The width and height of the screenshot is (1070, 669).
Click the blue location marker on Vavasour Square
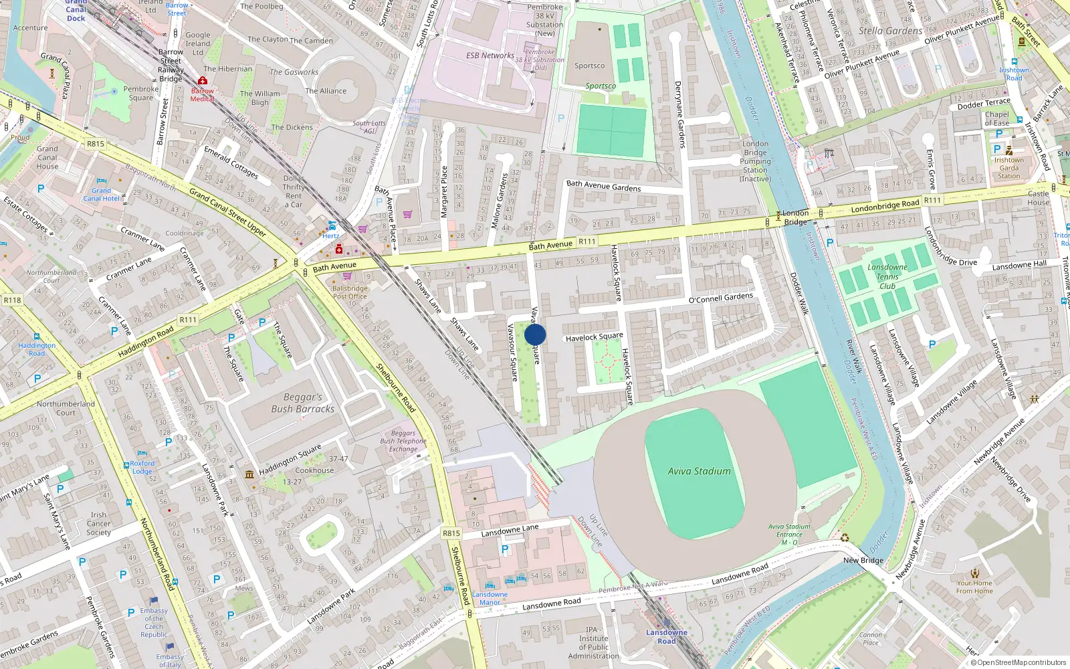(x=535, y=334)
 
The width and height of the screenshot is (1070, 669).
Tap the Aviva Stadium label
(x=699, y=471)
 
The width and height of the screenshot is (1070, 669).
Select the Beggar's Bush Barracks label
(x=303, y=403)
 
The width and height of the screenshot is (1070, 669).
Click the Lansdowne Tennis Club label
(x=887, y=276)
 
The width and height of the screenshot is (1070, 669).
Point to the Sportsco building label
(x=589, y=66)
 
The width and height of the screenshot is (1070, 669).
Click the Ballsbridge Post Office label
(x=350, y=292)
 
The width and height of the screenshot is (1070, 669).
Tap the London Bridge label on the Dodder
(x=795, y=217)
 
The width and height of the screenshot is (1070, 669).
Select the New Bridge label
(x=863, y=560)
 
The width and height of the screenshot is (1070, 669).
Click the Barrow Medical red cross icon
(x=202, y=80)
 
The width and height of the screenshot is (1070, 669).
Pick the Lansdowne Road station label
(x=666, y=636)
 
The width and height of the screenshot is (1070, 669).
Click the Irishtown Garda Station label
(x=1008, y=168)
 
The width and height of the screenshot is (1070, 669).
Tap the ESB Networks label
(x=490, y=56)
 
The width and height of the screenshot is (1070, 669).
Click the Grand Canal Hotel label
(x=101, y=195)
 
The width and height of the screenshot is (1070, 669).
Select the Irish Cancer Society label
(x=98, y=524)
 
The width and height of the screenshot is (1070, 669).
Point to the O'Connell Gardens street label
(x=720, y=298)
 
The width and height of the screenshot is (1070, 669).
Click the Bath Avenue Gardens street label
(x=603, y=186)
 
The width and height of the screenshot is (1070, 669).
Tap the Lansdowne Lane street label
(x=510, y=531)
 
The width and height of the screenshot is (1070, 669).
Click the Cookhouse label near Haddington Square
(x=314, y=470)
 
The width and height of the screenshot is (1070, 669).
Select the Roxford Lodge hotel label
(x=142, y=467)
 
